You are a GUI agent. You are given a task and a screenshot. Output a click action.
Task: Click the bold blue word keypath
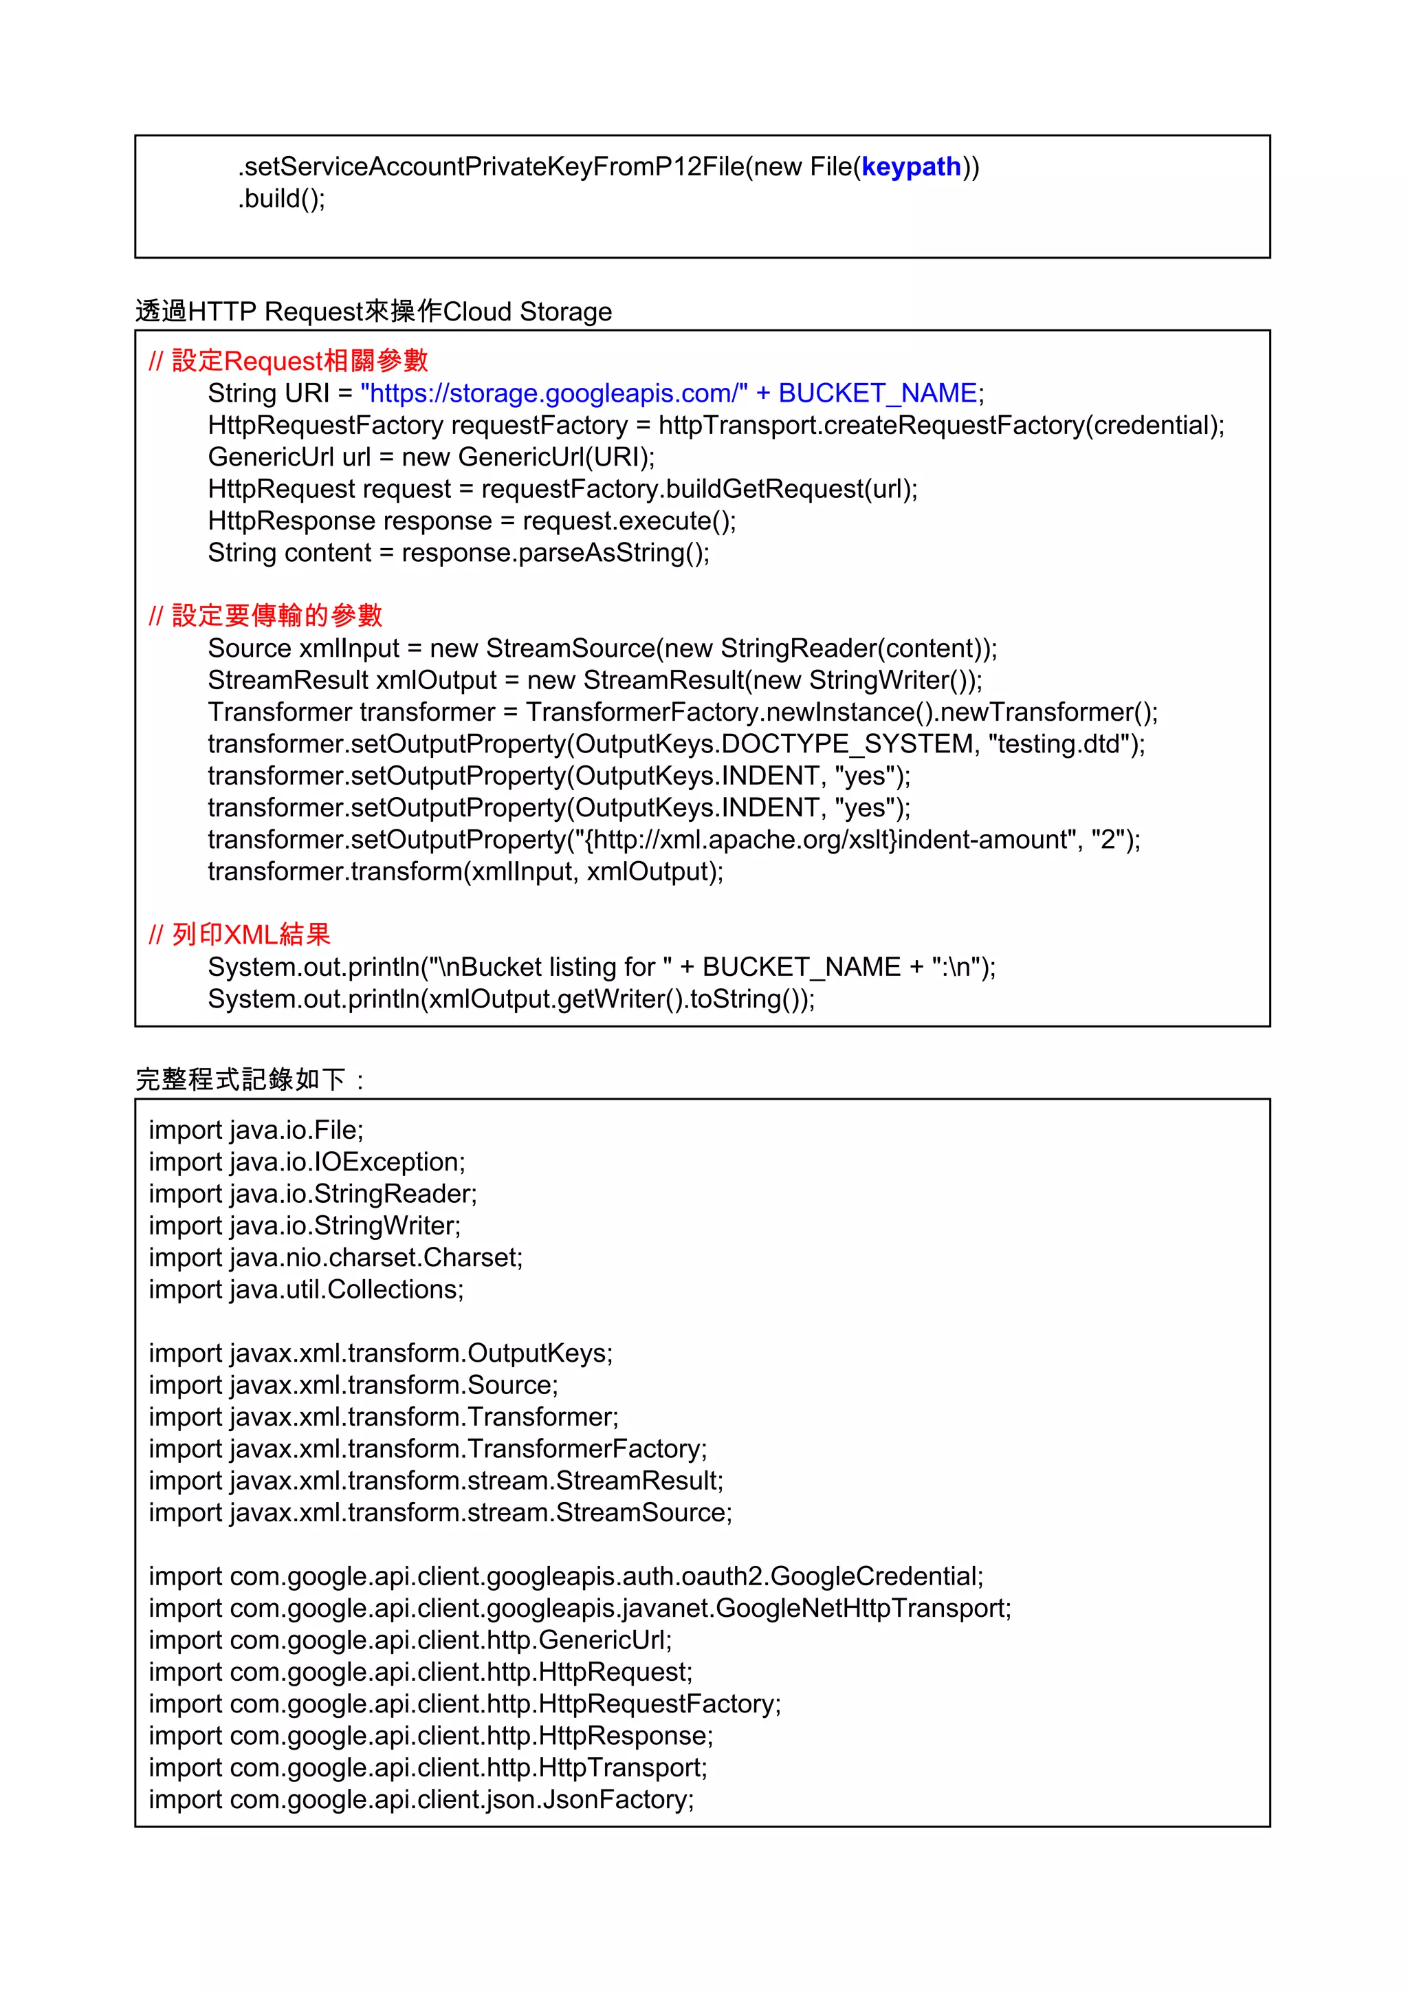pyautogui.click(x=911, y=166)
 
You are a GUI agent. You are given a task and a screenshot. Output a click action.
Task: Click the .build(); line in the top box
pyautogui.click(x=282, y=199)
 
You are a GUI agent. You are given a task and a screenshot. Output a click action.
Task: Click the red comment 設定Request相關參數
pyautogui.click(x=289, y=361)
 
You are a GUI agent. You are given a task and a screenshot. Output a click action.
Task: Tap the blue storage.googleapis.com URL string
pyautogui.click(x=554, y=393)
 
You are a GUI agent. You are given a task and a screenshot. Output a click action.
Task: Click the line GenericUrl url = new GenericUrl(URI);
pyautogui.click(x=431, y=457)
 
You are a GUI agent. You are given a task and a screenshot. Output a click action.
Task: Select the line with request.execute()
pyautogui.click(x=472, y=521)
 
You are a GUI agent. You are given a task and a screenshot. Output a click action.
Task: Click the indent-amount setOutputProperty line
pyautogui.click(x=674, y=840)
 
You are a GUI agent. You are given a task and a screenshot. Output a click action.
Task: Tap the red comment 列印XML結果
pyautogui.click(x=240, y=935)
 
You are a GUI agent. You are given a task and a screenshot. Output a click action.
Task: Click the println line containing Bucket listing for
pyautogui.click(x=602, y=967)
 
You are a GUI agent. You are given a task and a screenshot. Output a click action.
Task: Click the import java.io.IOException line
pyautogui.click(x=307, y=1162)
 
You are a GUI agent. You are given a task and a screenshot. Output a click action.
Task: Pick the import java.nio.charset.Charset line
pyautogui.click(x=335, y=1257)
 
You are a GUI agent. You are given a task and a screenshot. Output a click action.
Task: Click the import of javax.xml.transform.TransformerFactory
pyautogui.click(x=428, y=1449)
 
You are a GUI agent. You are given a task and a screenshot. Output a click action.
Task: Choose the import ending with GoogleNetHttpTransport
pyautogui.click(x=579, y=1609)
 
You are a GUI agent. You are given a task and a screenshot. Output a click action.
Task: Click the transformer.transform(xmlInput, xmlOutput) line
pyautogui.click(x=465, y=871)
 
